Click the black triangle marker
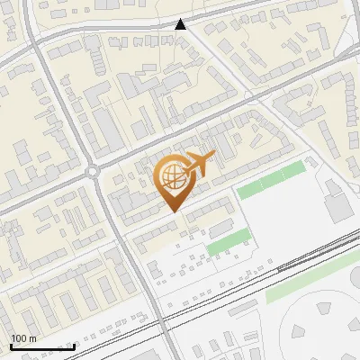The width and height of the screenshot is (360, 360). coord(181,24)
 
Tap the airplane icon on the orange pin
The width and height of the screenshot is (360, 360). coord(197,164)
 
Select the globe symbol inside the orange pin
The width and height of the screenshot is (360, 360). coord(171,183)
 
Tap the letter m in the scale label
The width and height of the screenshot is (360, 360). coord(33,338)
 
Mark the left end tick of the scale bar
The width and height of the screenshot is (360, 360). coord(11,344)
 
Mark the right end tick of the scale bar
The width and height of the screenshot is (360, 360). coord(74,344)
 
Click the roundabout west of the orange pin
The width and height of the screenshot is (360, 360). coord(93,171)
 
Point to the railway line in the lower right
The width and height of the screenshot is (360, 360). coord(297,261)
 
